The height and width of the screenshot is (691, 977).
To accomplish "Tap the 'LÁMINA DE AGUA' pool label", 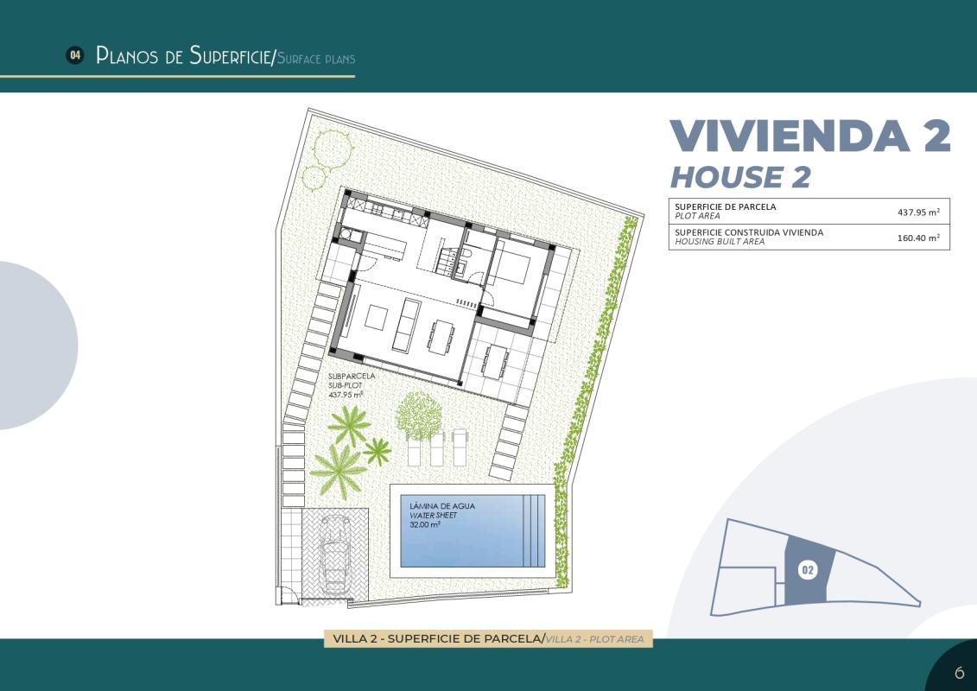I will (x=442, y=506).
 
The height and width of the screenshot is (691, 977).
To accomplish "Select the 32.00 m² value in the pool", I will (x=425, y=524).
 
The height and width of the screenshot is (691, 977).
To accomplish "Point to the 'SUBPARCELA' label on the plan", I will (x=352, y=377).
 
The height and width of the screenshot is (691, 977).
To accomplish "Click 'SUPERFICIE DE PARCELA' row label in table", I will (x=725, y=207).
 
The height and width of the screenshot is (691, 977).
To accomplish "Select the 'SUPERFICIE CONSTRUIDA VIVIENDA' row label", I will (x=748, y=232).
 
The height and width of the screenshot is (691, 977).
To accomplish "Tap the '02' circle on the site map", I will (x=808, y=570).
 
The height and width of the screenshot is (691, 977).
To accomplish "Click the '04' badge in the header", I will (x=75, y=55).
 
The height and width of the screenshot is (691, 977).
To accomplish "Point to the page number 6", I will (x=959, y=673).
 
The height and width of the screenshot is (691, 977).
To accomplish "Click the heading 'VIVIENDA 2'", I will (x=809, y=136).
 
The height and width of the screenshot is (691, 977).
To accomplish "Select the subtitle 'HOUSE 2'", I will (x=740, y=177).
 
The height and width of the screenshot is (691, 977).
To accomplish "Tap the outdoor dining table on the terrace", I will (x=496, y=361).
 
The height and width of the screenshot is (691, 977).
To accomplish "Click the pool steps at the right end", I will (x=537, y=530).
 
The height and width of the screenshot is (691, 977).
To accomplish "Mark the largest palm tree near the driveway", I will (x=338, y=468).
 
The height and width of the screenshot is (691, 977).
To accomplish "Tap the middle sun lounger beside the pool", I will (x=438, y=447).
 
